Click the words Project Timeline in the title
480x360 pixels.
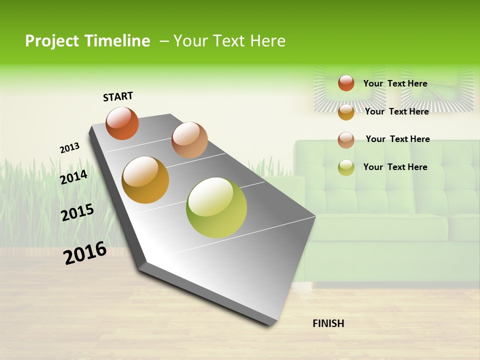click(x=87, y=41)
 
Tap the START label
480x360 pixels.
click(x=118, y=96)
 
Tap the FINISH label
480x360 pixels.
click(x=328, y=323)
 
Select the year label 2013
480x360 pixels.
click(x=69, y=148)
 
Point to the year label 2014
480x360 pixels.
click(x=73, y=177)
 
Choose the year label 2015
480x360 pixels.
click(x=77, y=212)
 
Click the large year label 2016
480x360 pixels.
click(x=85, y=253)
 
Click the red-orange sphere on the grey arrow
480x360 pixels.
click(x=122, y=123)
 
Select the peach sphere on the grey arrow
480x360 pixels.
click(x=189, y=139)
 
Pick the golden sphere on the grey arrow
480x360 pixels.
click(x=145, y=180)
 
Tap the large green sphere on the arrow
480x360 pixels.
click(x=216, y=207)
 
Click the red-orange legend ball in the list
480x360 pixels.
click(x=346, y=83)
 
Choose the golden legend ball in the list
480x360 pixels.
click(x=346, y=111)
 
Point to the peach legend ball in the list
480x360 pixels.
click(x=346, y=139)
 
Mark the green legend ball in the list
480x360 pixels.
click(x=346, y=167)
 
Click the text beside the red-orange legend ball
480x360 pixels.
click(x=395, y=83)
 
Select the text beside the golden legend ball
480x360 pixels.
click(x=396, y=111)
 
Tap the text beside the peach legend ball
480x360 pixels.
click(x=397, y=139)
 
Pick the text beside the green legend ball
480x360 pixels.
click(x=395, y=167)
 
